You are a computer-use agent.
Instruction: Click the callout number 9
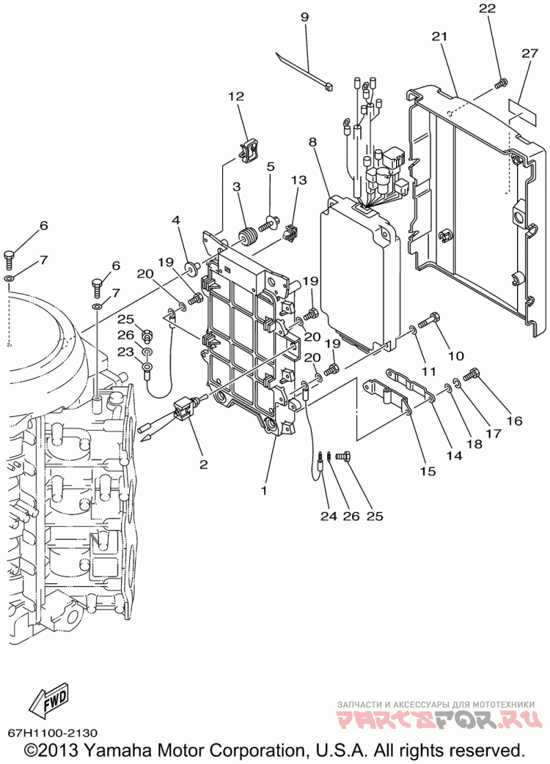pyautogui.click(x=305, y=17)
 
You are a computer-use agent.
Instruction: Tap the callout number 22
pyautogui.click(x=487, y=8)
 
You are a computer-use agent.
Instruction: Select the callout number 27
pyautogui.click(x=529, y=53)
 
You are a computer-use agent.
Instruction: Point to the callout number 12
pyautogui.click(x=236, y=96)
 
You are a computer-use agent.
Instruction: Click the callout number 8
pyautogui.click(x=313, y=142)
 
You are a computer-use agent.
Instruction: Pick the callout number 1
pyautogui.click(x=264, y=491)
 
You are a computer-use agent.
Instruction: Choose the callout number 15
pyautogui.click(x=428, y=471)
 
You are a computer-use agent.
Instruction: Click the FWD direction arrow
pyautogui.click(x=49, y=702)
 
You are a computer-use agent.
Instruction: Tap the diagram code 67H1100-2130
pyautogui.click(x=52, y=733)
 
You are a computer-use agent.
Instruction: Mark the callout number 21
pyautogui.click(x=439, y=36)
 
